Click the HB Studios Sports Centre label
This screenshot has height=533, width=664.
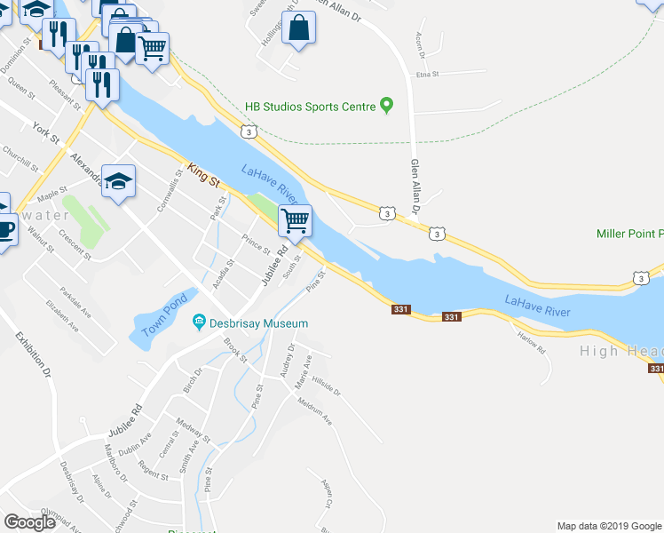pyautogui.click(x=311, y=107)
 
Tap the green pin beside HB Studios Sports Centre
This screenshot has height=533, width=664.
pyautogui.click(x=386, y=106)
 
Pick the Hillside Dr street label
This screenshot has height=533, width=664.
pyautogui.click(x=326, y=387)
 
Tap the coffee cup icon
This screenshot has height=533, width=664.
pyautogui.click(x=4, y=229)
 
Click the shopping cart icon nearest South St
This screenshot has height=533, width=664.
pyautogui.click(x=295, y=219)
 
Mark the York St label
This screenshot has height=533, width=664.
pyautogui.click(x=44, y=133)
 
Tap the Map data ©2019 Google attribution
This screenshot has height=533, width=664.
pyautogui.click(x=608, y=526)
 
